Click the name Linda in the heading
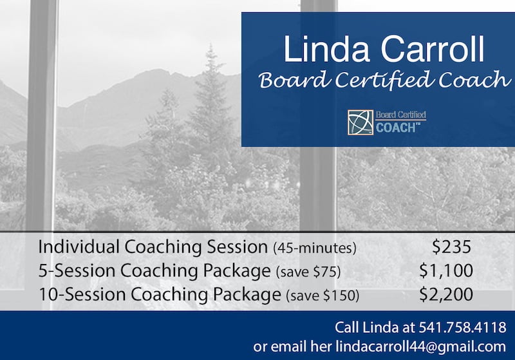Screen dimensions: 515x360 [326, 49]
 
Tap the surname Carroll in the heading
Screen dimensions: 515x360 [432, 49]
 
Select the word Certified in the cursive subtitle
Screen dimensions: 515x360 [383, 80]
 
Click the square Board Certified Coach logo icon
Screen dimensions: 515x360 [360, 122]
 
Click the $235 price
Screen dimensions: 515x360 [452, 247]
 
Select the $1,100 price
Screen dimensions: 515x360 [446, 270]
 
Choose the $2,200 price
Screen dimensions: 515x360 [446, 294]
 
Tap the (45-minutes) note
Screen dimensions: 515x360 [315, 248]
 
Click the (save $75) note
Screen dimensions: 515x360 [308, 272]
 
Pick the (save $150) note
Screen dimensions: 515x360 [323, 296]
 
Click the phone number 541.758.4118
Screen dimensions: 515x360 [462, 328]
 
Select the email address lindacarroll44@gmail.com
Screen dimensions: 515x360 [421, 346]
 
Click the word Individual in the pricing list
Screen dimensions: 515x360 [79, 247]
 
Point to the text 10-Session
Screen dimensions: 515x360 [82, 294]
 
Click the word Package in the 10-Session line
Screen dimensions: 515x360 [247, 295]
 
